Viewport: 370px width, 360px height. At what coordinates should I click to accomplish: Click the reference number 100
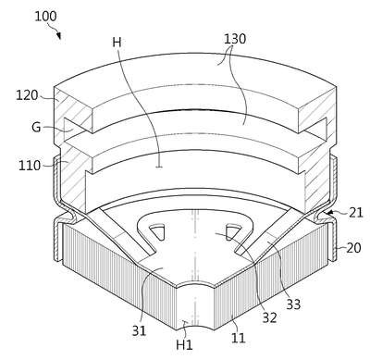click(45, 16)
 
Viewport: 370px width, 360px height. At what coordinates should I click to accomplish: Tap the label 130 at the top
click(235, 39)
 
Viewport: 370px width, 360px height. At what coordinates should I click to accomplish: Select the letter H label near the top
click(117, 43)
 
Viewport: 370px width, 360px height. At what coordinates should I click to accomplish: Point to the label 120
click(27, 95)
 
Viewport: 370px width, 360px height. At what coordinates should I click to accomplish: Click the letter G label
click(36, 127)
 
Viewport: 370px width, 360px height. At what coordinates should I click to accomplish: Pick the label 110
click(30, 166)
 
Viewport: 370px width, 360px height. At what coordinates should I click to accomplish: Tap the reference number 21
click(356, 213)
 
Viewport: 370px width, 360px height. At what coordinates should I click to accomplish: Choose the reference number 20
click(353, 248)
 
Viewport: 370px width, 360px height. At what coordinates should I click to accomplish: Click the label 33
click(293, 304)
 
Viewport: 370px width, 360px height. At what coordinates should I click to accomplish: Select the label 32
click(270, 317)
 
